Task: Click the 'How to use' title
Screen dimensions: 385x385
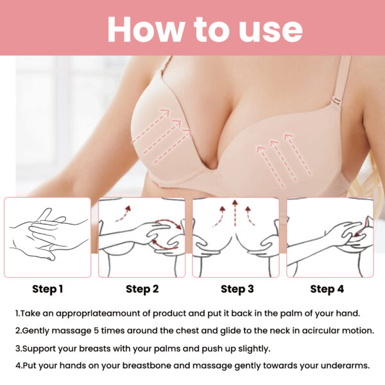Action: [204, 28]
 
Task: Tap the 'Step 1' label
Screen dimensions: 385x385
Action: [47, 289]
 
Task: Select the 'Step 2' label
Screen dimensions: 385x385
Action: [142, 289]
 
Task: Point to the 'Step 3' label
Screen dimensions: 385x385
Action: [237, 289]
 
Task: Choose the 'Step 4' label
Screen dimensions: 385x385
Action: [327, 289]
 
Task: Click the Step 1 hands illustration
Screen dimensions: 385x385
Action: [47, 237]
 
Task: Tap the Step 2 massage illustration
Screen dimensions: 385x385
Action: [142, 237]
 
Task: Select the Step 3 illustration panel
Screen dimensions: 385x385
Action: [236, 237]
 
